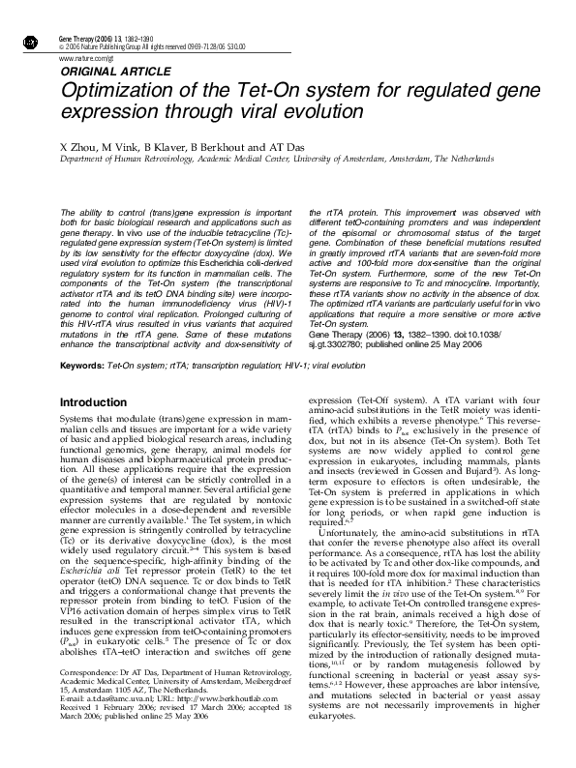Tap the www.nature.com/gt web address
pyautogui.click(x=82, y=59)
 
